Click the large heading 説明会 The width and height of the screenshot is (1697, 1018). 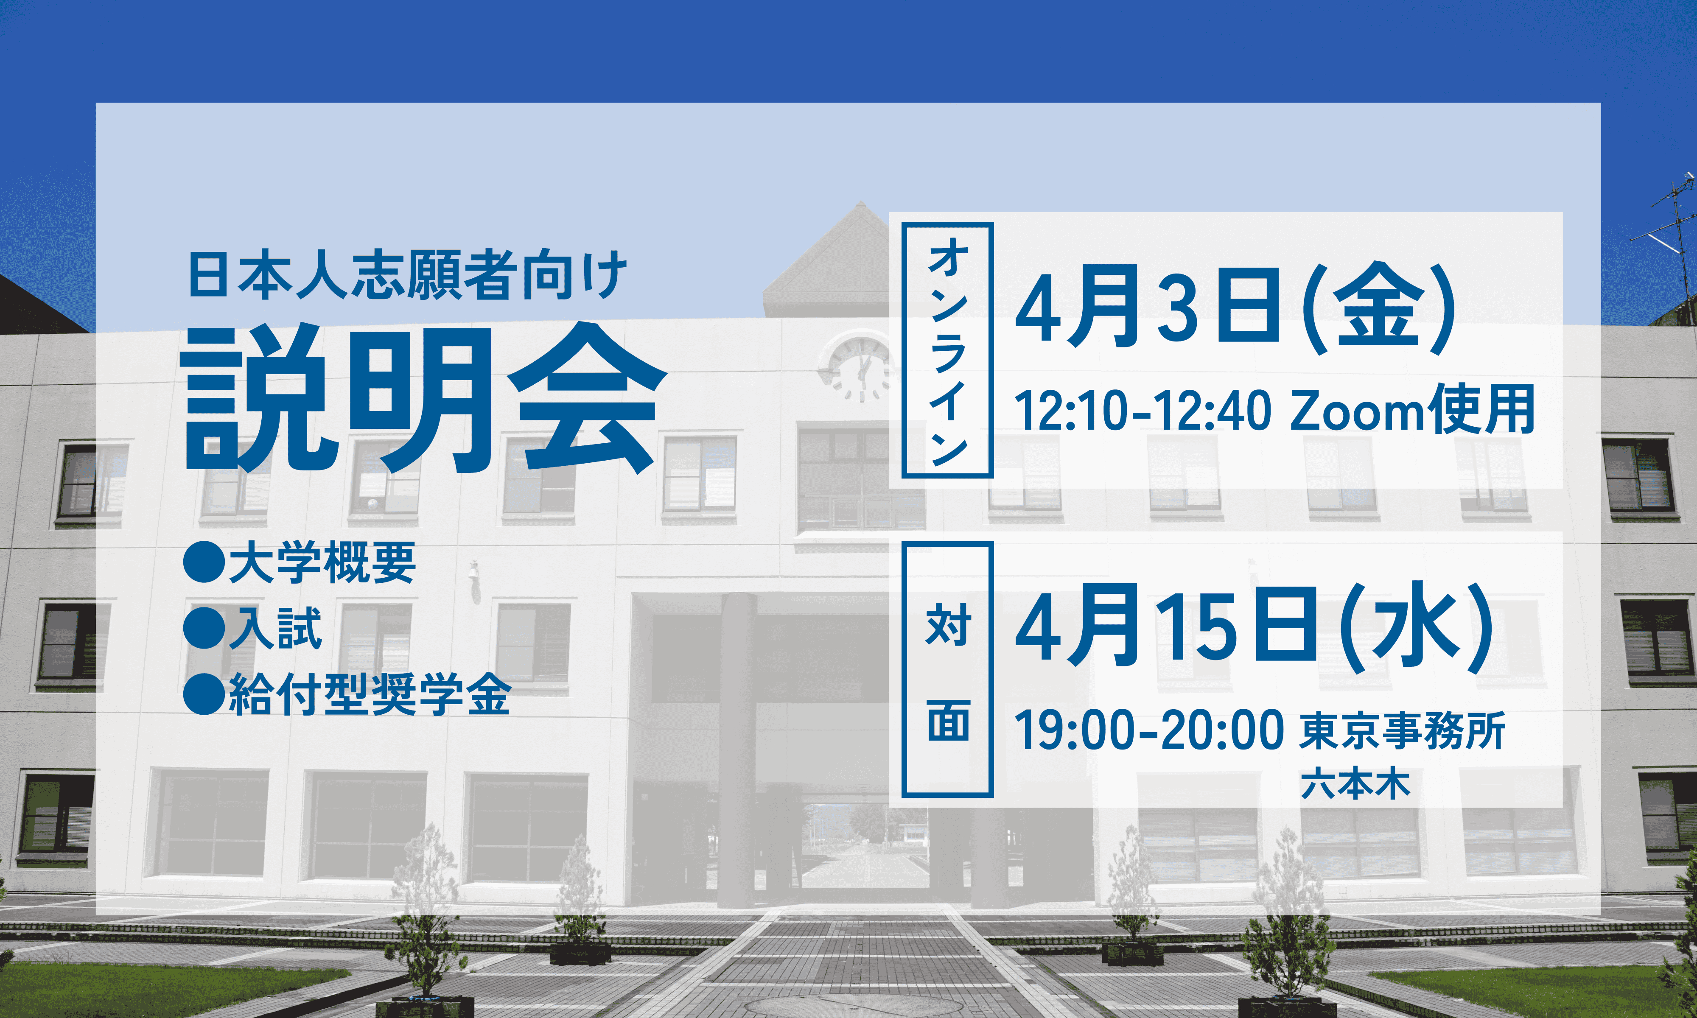425,398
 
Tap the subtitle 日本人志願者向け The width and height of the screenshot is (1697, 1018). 407,275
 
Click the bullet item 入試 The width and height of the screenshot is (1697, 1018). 275,628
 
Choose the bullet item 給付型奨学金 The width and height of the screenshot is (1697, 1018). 370,694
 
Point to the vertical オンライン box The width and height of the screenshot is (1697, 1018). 947,350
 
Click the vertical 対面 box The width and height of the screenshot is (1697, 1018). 947,669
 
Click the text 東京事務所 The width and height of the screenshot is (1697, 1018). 1402,730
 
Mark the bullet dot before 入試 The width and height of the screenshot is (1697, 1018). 204,628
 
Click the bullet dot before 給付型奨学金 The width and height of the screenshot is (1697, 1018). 204,694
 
